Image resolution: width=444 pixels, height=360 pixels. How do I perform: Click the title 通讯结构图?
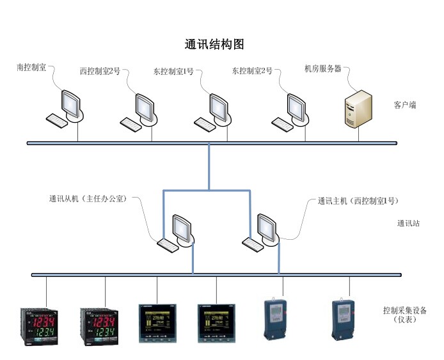pyautogui.click(x=214, y=45)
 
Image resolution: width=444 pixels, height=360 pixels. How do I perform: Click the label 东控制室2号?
pyautogui.click(x=251, y=71)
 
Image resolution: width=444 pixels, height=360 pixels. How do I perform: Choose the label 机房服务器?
pyautogui.click(x=323, y=68)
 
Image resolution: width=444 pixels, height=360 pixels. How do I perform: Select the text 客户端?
pyautogui.click(x=405, y=104)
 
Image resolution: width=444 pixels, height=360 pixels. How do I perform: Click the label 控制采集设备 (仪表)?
pyautogui.click(x=404, y=315)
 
